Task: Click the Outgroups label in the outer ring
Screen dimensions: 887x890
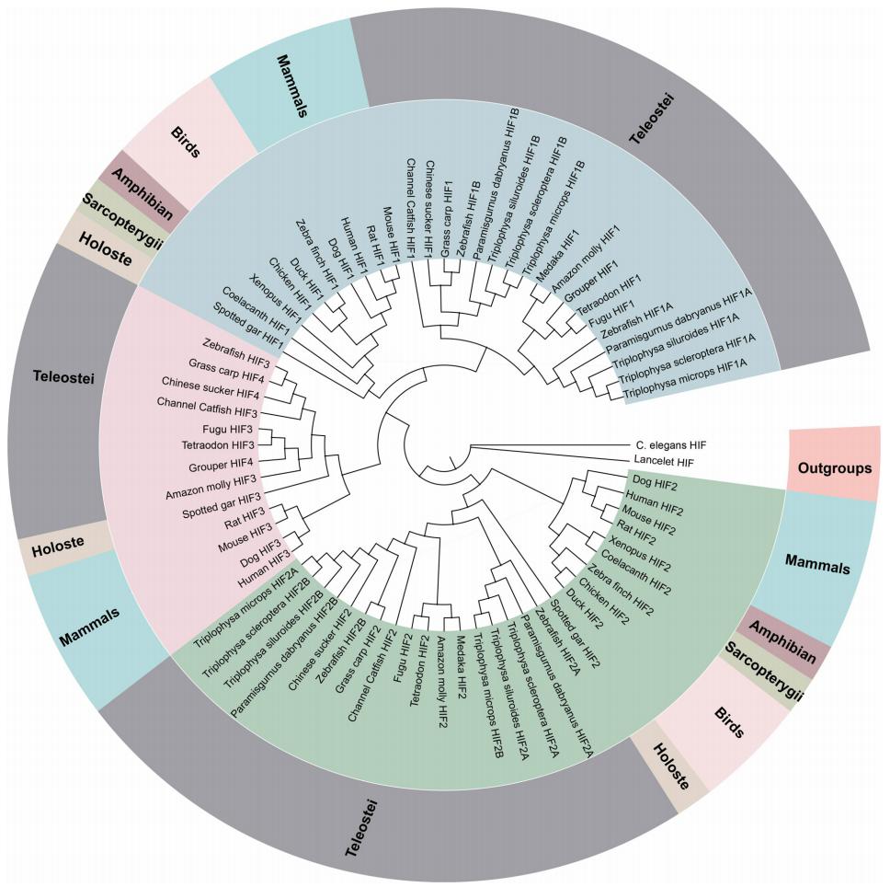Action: coord(836,467)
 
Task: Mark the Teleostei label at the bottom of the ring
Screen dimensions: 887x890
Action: coord(365,831)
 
